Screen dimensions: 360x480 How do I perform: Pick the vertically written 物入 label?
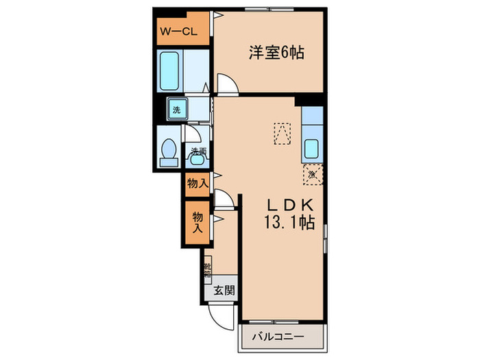pos(197,221)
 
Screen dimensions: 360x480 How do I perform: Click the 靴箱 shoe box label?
pos(206,269)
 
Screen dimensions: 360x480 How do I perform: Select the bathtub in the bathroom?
pos(170,71)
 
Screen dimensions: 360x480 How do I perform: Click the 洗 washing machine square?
pos(177,109)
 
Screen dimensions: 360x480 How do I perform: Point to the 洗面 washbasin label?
pos(198,152)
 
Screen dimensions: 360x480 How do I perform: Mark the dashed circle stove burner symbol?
pos(312,175)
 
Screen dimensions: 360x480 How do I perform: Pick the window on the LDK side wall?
pos(325,237)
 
